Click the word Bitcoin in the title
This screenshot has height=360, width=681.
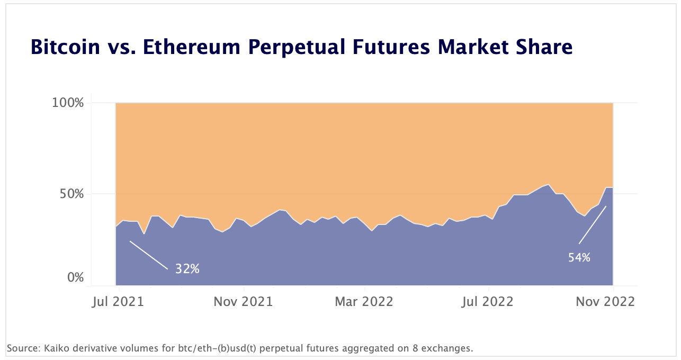point(65,47)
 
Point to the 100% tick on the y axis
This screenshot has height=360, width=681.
point(68,103)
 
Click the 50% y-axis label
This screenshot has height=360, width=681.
point(71,194)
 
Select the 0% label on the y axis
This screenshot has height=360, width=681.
point(75,278)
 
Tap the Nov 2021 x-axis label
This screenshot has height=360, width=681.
point(243,302)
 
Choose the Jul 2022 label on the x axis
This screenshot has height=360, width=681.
point(487,302)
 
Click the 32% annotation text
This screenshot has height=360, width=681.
point(187,269)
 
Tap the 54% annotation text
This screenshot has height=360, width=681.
point(579,258)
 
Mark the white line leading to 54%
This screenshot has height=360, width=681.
point(593,224)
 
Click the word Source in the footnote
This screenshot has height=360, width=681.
point(19,348)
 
